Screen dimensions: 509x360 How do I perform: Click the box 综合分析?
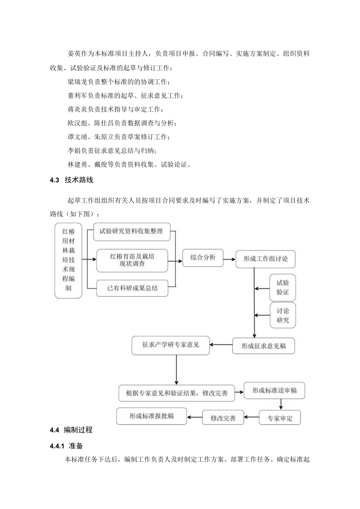pyautogui.click(x=202, y=257)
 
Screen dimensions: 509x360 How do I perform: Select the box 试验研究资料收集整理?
pyautogui.click(x=131, y=232)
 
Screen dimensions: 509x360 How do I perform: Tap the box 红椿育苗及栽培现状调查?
pyautogui.click(x=132, y=261)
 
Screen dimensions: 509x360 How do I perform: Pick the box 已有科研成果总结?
pyautogui.click(x=132, y=289)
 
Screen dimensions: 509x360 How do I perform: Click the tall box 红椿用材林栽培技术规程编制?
pyautogui.click(x=68, y=261)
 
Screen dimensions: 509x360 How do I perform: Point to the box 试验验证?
pyautogui.click(x=283, y=288)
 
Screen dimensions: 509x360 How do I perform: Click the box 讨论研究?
pyautogui.click(x=283, y=315)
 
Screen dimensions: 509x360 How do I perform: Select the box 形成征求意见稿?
pyautogui.click(x=263, y=346)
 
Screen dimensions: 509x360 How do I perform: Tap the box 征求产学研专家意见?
pyautogui.click(x=171, y=345)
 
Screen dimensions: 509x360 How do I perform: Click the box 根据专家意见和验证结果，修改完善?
pyautogui.click(x=177, y=393)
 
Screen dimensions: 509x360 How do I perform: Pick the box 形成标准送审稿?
pyautogui.click(x=274, y=391)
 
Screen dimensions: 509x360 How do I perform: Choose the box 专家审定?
pyautogui.click(x=280, y=418)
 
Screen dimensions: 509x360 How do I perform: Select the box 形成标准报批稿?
pyautogui.click(x=151, y=416)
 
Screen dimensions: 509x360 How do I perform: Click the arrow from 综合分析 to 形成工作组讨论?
pyautogui.click(x=229, y=259)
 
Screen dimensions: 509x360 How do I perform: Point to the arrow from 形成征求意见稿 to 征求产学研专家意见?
pyautogui.click(x=221, y=345)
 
